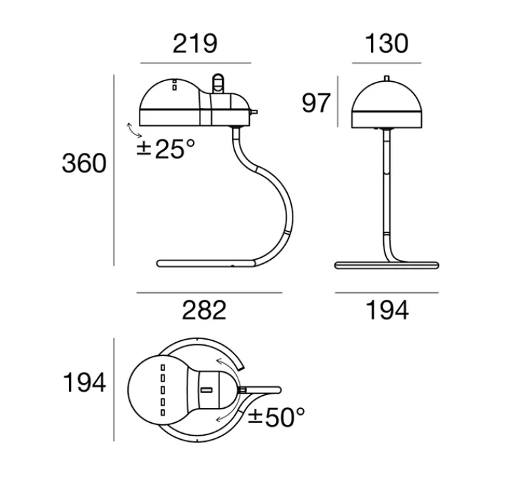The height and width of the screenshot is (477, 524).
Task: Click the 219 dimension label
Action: pyautogui.click(x=195, y=43)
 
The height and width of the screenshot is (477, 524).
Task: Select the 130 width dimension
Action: pyautogui.click(x=387, y=43)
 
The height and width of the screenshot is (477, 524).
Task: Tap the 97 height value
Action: pyautogui.click(x=316, y=104)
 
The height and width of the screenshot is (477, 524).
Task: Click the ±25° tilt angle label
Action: pyautogui.click(x=160, y=149)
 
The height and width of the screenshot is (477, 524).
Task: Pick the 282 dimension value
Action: pyautogui.click(x=204, y=310)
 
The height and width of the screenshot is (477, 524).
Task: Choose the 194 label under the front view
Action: pyautogui.click(x=387, y=311)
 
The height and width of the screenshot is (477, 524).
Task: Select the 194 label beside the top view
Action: pyautogui.click(x=85, y=384)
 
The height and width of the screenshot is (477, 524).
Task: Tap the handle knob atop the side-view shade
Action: pyautogui.click(x=218, y=83)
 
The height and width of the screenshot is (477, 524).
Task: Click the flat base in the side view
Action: pyautogui.click(x=203, y=262)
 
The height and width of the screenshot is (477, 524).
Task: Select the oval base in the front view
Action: pyautogui.click(x=387, y=263)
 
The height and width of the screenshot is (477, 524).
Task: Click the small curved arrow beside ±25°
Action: pyautogui.click(x=130, y=131)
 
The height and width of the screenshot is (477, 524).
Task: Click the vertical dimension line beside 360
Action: pyautogui.click(x=114, y=169)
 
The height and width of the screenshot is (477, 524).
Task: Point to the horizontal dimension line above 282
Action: pyautogui.click(x=209, y=293)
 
